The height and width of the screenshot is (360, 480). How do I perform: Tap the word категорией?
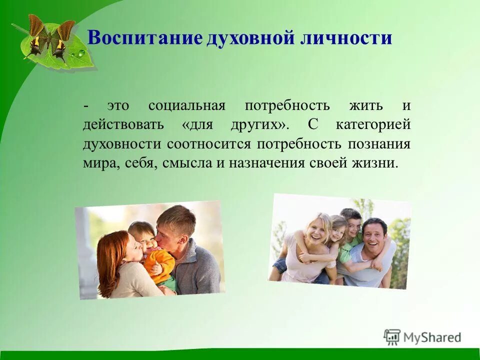click(373, 125)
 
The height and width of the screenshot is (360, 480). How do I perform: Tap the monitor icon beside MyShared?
click(392, 337)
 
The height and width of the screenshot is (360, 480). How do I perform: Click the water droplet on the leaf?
click(79, 53)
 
